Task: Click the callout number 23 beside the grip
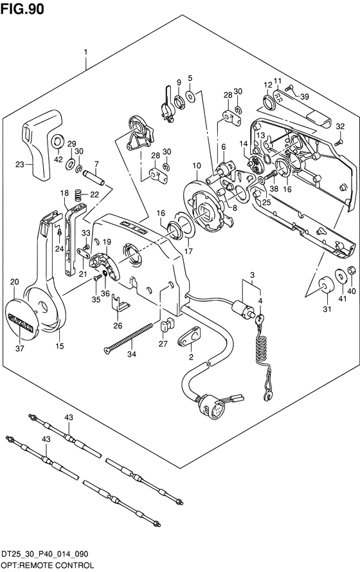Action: click(20, 165)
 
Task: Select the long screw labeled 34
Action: click(127, 338)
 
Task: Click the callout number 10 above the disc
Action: click(197, 165)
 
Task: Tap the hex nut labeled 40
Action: click(352, 270)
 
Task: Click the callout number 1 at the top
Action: click(86, 52)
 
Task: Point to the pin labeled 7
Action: click(94, 178)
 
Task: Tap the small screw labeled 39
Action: click(289, 88)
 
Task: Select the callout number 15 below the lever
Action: click(59, 346)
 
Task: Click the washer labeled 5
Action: click(190, 96)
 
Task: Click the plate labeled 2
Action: click(190, 336)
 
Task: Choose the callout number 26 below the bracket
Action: click(118, 326)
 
